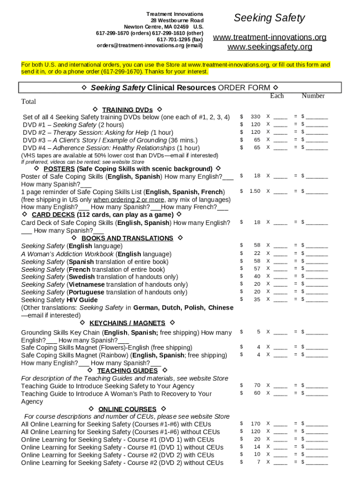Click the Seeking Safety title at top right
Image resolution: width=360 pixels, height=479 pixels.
269,18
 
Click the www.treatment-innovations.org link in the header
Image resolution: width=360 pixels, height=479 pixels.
269,37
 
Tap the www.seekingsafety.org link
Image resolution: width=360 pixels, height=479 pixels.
269,47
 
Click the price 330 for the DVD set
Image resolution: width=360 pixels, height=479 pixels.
255,116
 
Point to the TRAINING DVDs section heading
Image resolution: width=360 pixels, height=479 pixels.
127,110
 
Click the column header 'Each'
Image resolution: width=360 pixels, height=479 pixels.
277,96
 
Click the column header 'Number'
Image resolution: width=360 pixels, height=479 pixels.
313,96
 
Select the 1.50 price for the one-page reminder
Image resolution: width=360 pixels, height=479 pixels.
255,191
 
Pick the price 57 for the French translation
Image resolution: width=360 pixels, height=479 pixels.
257,269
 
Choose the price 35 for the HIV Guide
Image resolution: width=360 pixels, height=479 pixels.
257,299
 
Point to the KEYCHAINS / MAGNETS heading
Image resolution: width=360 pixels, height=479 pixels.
127,323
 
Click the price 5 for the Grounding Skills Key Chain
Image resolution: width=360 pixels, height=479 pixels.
258,332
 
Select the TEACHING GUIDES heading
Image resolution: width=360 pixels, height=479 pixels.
127,371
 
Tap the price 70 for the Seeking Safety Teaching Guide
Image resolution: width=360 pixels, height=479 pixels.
257,385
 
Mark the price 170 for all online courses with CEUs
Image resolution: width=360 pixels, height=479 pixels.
255,424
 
